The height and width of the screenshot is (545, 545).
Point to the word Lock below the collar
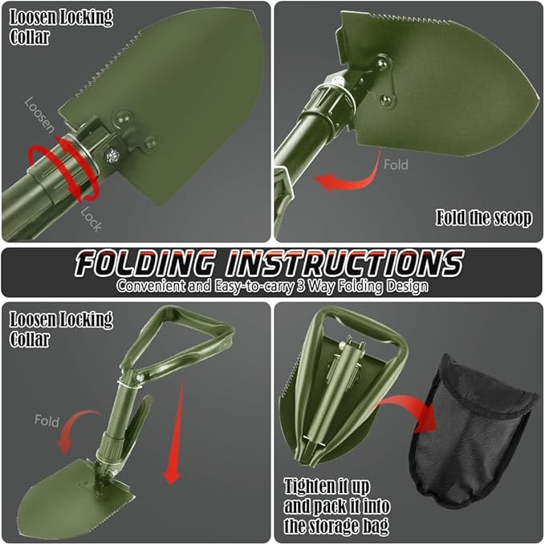click(91, 219)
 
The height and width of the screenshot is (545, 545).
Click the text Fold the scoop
click(483, 218)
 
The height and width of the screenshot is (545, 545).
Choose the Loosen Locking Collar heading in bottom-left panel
click(61, 328)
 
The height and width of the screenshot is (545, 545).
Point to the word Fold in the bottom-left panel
click(47, 421)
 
